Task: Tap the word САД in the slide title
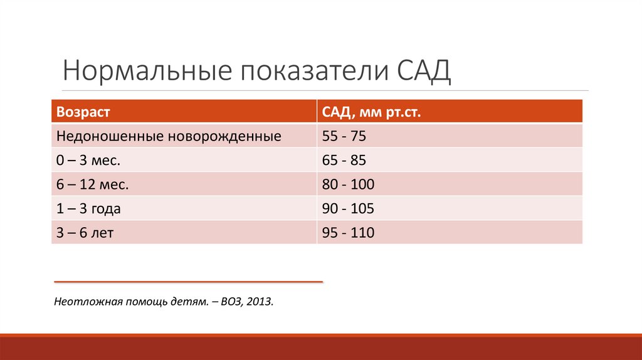tap(424, 71)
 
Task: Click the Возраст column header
tap(83, 112)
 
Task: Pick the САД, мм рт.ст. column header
tap(371, 112)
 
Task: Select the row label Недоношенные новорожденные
tap(168, 136)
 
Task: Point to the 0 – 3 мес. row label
tap(88, 161)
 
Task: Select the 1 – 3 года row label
tap(88, 209)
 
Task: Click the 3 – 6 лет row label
tap(85, 233)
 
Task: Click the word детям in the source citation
tap(192, 302)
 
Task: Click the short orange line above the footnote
tap(188, 282)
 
